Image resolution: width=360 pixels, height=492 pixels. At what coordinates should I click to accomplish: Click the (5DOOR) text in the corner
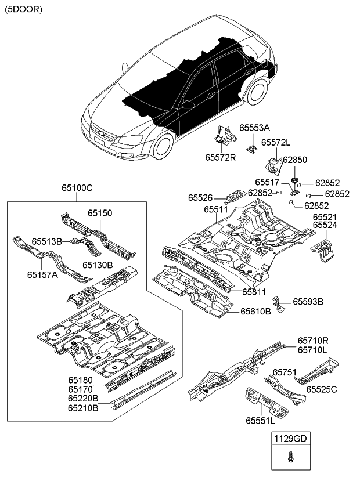24,10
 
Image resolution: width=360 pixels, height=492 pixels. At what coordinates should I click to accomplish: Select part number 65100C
78,188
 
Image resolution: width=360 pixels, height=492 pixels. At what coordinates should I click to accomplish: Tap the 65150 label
100,213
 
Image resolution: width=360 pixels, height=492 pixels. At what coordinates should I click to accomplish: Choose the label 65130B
97,265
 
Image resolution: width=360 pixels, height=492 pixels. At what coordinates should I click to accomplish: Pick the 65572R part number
221,157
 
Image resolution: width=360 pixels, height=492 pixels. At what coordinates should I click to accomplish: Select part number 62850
294,160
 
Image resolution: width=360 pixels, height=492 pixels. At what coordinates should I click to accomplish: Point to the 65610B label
256,311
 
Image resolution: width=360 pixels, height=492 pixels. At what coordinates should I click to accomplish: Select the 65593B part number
308,302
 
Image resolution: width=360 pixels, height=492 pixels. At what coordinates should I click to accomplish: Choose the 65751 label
285,372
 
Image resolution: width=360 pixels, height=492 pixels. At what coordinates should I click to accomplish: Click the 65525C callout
322,389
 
